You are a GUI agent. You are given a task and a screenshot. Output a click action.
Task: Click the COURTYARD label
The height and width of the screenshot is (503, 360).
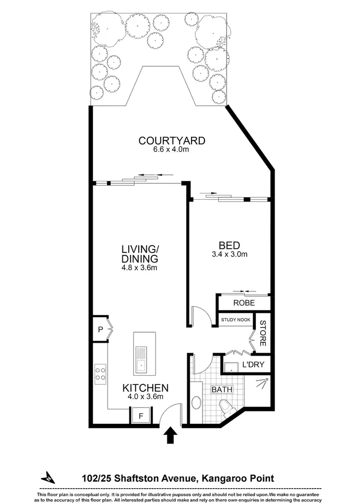[x=171, y=141]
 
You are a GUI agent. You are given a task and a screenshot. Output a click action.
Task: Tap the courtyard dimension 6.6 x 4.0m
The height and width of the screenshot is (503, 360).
[x=171, y=149]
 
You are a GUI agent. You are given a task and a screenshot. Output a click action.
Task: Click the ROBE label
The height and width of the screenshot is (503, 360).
[x=244, y=303]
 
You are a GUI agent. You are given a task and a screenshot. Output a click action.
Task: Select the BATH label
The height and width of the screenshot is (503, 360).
[x=222, y=389]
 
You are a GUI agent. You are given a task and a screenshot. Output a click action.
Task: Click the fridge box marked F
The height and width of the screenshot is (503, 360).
[x=141, y=415]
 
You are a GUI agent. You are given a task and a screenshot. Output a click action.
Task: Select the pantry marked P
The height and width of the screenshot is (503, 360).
[x=100, y=329]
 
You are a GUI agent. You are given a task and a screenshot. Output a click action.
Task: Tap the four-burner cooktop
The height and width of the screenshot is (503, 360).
[x=101, y=373]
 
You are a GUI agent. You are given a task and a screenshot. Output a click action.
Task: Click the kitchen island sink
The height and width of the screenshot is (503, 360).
[x=142, y=360]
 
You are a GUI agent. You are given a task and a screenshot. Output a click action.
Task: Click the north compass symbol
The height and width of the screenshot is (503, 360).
[x=48, y=478]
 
